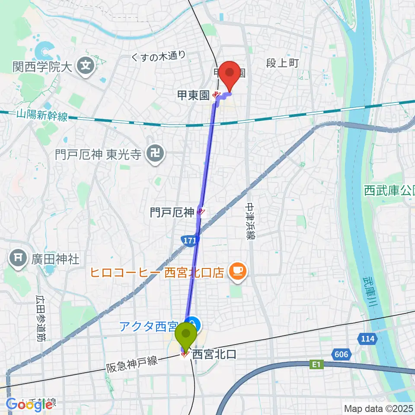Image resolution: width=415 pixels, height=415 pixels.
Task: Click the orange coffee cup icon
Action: tap(236, 271)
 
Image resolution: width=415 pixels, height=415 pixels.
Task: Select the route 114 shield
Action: tap(367, 338)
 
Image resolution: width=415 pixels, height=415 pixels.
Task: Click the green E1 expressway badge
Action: tap(316, 365)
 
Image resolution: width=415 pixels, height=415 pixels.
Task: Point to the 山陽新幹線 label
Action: tap(42, 115)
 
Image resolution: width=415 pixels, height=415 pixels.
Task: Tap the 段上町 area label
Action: tap(282, 63)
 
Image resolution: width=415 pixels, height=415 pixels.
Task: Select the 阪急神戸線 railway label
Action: tap(132, 365)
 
